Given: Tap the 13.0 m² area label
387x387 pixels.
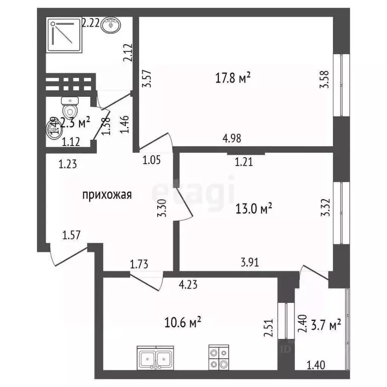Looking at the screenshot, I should pos(254,208).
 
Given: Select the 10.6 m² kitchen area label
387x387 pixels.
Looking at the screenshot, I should pos(184,321).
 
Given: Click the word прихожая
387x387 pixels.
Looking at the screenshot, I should pos(107,195).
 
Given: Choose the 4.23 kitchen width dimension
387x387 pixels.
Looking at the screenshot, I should pos(188,285).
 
